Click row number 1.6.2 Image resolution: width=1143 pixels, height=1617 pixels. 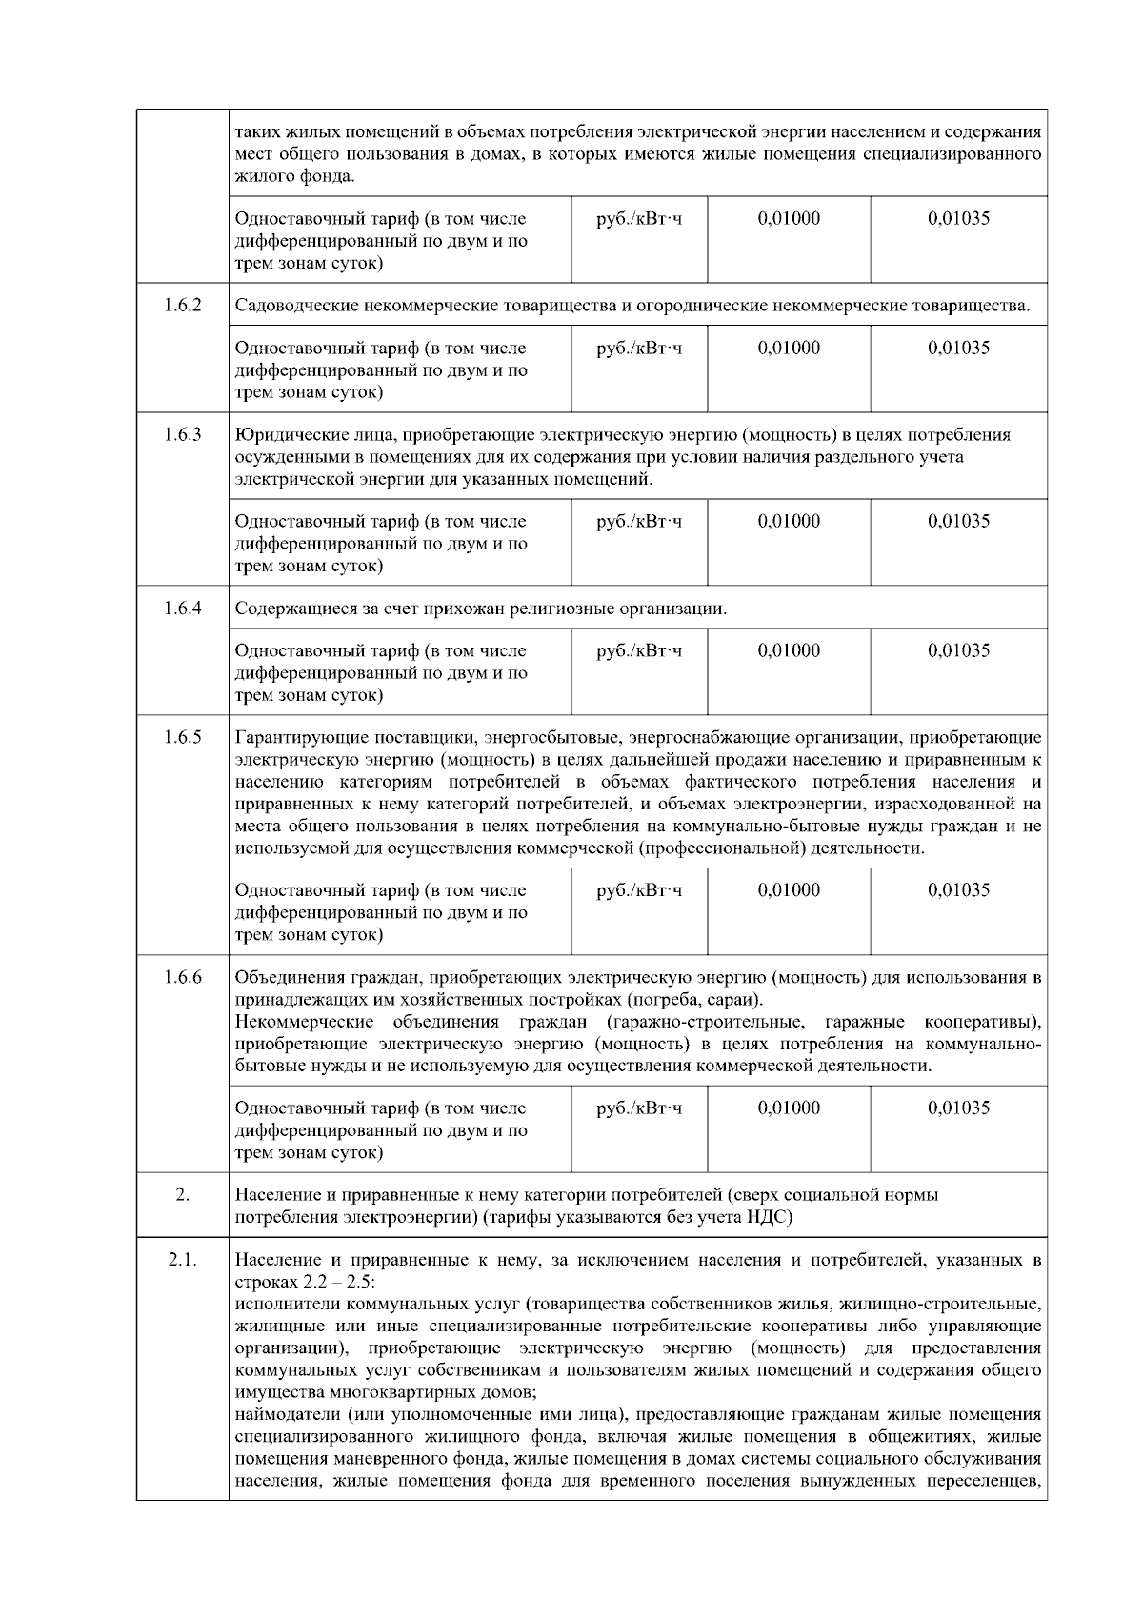click(182, 306)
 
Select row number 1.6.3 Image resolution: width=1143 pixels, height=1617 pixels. click(182, 435)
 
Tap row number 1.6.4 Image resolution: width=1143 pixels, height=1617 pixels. click(182, 608)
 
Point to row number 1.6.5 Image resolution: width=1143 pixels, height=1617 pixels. click(182, 737)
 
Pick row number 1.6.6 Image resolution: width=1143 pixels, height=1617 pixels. click(182, 977)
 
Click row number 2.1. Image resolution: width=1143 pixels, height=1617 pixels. click(182, 1260)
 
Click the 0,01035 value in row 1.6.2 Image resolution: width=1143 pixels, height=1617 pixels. click(958, 348)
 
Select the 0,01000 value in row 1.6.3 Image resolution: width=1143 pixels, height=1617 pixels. click(789, 521)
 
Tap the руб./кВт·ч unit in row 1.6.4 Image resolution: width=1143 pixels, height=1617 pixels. click(638, 650)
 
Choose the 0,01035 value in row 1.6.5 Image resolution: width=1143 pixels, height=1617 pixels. click(958, 890)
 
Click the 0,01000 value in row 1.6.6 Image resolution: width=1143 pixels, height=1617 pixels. click(789, 1108)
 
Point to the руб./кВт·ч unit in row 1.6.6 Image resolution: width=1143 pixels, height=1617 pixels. click(638, 1108)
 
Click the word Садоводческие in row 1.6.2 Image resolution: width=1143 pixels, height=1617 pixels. click(288, 306)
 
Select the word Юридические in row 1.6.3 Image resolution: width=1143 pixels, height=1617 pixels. click(281, 435)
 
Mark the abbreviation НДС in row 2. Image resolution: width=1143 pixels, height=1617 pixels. click(773, 1217)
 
